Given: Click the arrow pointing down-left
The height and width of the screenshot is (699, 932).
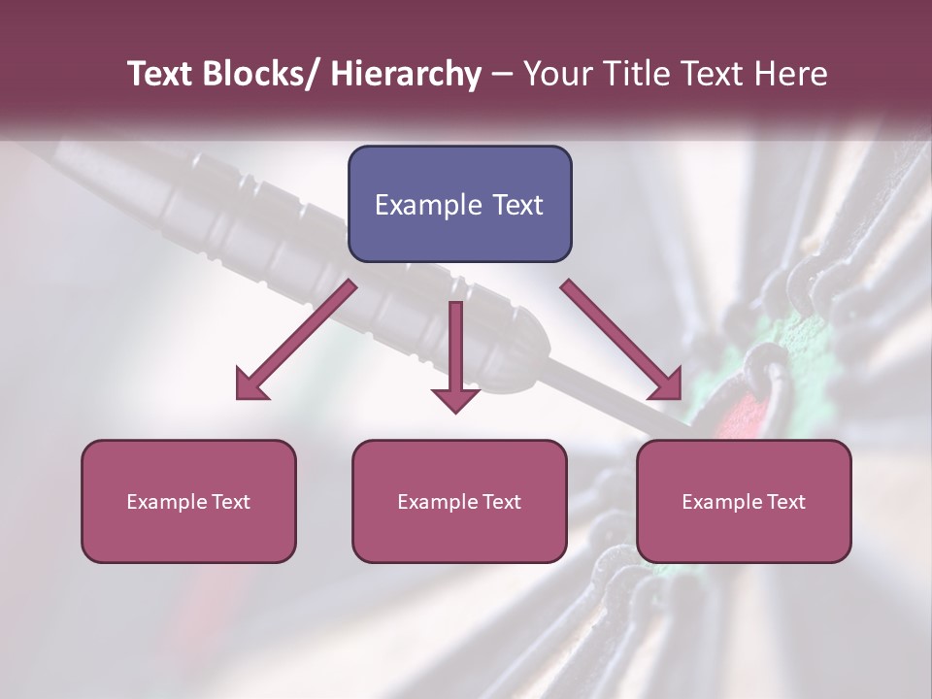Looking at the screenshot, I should pos(297,340).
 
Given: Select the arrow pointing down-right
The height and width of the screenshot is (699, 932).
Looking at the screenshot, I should pos(621,340).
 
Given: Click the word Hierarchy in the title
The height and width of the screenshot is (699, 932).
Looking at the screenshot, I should pos(406,74).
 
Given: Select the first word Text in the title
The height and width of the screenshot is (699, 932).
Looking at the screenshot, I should pos(160,74).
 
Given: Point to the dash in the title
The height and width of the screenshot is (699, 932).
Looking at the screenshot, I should pos(502,74).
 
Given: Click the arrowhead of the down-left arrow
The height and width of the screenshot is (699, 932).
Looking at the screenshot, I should pos(250,385).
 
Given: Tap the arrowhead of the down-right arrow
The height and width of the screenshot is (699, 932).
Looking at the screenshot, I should pos(666,385).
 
